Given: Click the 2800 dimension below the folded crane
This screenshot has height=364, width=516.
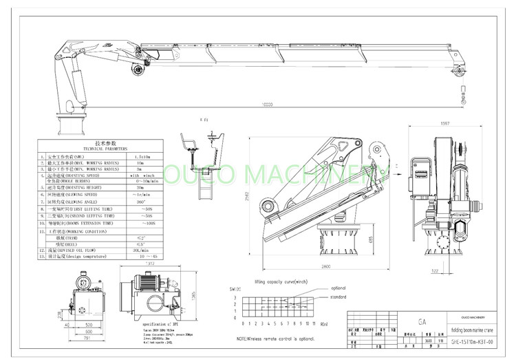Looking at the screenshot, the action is point(325,265).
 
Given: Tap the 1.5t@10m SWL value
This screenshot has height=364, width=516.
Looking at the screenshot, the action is point(144,157).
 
